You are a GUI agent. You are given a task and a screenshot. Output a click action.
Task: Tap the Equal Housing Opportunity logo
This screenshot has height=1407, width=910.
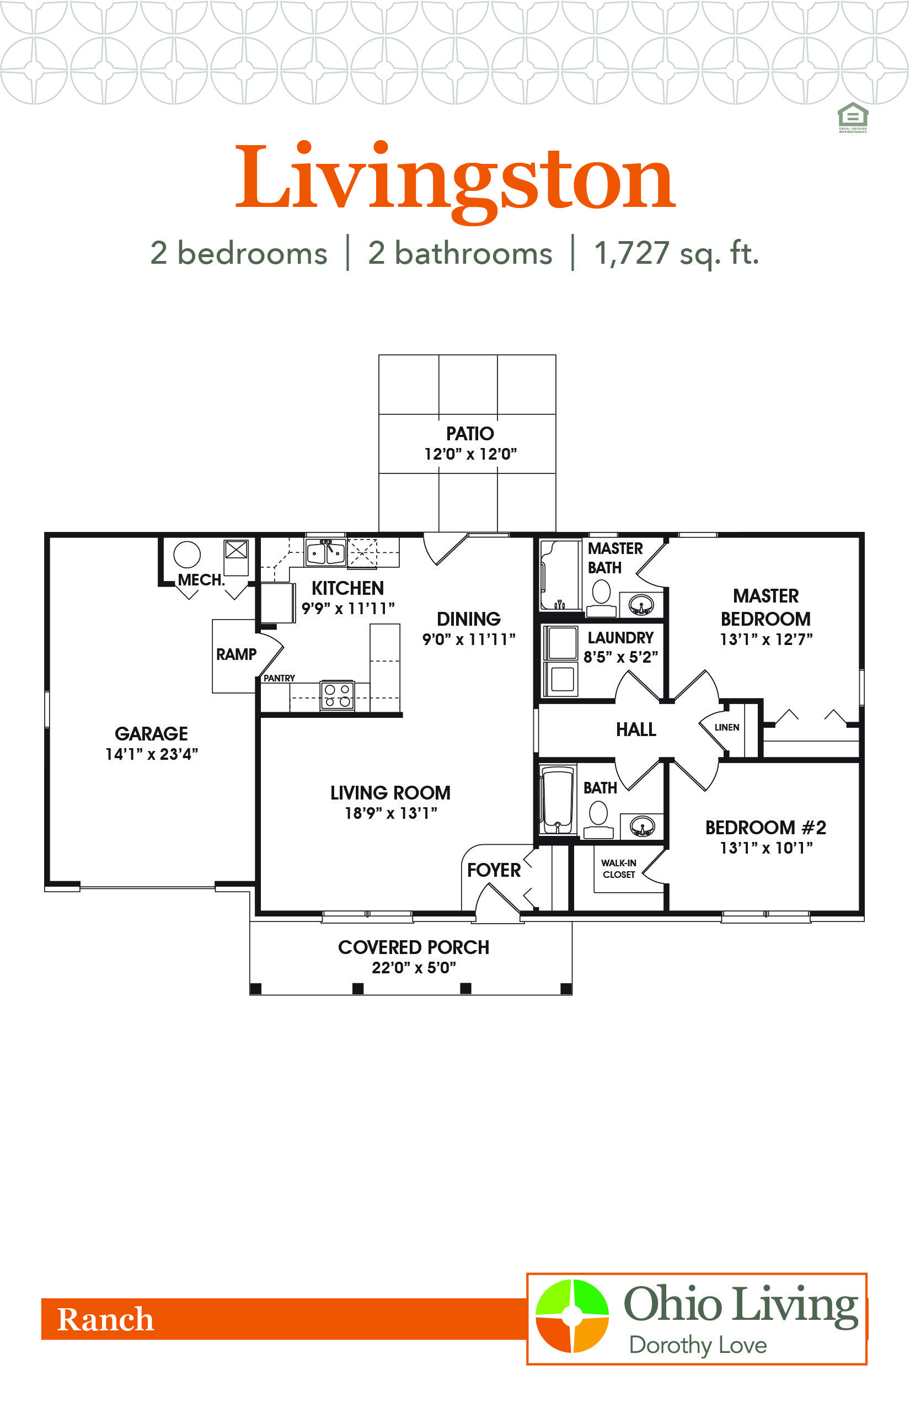tap(853, 118)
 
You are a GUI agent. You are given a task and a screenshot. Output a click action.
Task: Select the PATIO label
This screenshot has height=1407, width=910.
tap(470, 434)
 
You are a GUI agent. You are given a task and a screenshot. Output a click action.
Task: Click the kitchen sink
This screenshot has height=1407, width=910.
tap(325, 553)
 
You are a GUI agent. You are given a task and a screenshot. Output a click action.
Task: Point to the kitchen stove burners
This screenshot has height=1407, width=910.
tap(338, 695)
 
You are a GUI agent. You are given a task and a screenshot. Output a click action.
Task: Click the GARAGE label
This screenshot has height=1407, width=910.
tap(151, 734)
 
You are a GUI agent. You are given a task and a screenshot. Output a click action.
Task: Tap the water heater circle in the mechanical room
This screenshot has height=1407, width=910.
tap(187, 555)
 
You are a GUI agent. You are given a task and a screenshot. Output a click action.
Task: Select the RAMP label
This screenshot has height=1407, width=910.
tap(237, 654)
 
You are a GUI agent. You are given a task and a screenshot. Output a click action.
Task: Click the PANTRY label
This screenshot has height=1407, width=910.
tap(279, 678)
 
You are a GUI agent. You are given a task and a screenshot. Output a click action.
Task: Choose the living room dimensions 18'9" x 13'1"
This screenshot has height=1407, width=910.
tap(390, 813)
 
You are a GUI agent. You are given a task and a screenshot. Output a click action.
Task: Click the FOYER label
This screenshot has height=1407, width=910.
tap(494, 870)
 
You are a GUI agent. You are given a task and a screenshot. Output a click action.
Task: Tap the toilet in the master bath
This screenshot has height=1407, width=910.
tap(602, 595)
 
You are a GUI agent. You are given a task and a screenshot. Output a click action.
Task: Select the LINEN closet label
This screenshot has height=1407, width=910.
tap(727, 727)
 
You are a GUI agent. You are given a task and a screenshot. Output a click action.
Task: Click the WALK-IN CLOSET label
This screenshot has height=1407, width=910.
tap(619, 868)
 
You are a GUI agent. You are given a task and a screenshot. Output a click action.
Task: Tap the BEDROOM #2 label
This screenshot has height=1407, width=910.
tap(766, 828)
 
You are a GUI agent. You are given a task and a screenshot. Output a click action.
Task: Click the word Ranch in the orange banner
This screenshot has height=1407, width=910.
tap(105, 1319)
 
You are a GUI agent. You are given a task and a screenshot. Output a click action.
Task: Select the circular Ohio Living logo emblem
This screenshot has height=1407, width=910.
tap(572, 1316)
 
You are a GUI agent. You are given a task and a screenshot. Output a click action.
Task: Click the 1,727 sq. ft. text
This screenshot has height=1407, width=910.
tap(677, 253)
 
